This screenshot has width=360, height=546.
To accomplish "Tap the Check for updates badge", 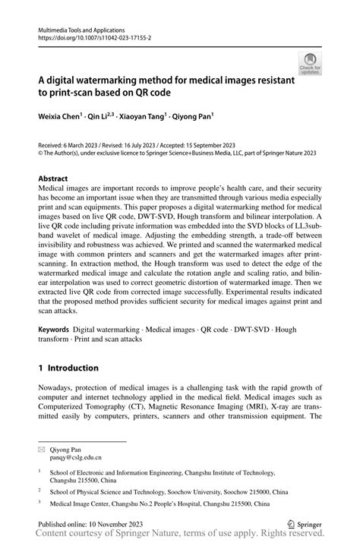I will [x=310, y=65].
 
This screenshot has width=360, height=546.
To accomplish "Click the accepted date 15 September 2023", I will [x=228, y=144].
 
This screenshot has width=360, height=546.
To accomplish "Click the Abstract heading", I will [x=56, y=180].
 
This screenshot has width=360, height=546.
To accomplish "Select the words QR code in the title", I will [x=149, y=93].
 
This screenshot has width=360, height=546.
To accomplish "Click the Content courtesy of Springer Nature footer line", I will [x=180, y=536].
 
